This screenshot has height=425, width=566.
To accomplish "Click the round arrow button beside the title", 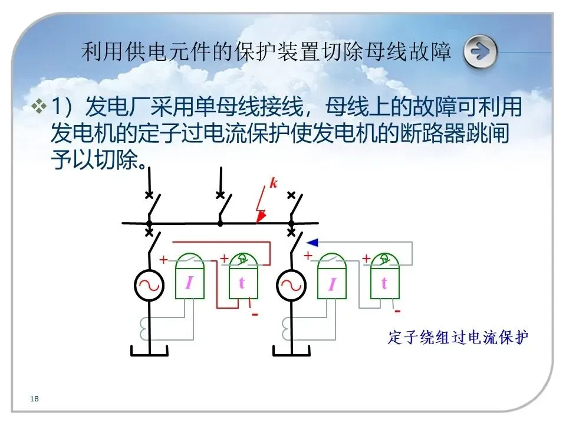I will [480, 52].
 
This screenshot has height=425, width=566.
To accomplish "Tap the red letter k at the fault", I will [274, 183].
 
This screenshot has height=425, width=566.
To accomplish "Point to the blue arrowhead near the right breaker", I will [312, 241].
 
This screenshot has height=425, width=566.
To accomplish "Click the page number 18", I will [34, 400].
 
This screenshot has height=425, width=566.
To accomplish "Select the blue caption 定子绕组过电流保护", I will [458, 338].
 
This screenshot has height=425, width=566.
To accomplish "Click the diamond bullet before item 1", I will [39, 107].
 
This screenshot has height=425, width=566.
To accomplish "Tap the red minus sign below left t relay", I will [255, 315].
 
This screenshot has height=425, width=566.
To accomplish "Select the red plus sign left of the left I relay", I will [163, 259].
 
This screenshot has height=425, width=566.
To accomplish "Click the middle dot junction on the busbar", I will [220, 223].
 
